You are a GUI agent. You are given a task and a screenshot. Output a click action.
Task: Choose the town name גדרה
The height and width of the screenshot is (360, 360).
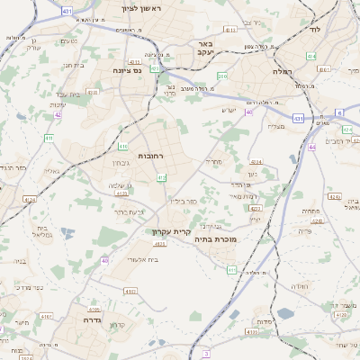coord(91,319)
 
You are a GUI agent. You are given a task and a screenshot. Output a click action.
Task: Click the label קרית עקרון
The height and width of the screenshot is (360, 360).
coord(170,231)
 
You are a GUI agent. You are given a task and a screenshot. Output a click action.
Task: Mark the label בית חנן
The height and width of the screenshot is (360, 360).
coord(73,64)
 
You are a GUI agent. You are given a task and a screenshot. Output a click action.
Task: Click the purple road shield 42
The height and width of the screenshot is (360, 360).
coord(58,114)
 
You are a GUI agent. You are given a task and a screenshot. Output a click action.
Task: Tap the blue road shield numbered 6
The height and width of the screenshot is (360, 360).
coord(339,112)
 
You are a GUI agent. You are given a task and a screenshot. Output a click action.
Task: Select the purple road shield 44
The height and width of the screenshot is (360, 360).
coord(311,146)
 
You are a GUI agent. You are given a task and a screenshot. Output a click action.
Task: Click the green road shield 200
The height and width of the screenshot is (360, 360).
coord(221,76)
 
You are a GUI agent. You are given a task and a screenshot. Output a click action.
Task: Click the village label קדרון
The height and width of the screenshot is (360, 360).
coord(116,324)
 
